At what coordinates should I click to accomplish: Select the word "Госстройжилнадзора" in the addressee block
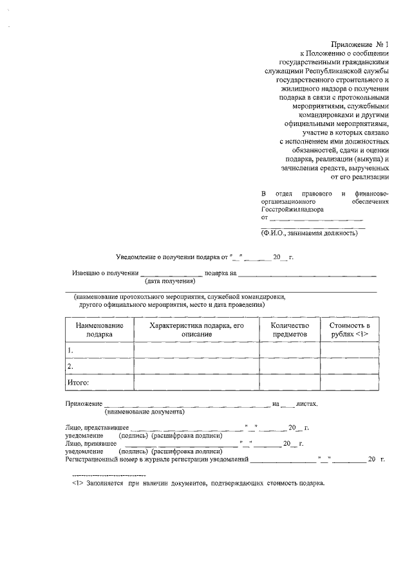coord(292,210)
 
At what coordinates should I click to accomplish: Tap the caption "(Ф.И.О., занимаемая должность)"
coord(308,233)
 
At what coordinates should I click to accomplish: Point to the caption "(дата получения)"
coord(170,281)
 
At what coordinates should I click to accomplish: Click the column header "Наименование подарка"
coord(99,330)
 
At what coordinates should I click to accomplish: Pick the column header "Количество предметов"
coord(290,330)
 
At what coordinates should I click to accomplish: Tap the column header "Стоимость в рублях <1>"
coord(350,330)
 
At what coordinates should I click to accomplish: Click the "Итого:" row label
coord(79,383)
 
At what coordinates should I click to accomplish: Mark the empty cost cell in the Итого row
coord(350,383)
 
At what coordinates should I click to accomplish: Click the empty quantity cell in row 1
coord(290,350)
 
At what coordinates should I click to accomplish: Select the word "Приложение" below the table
coord(84,404)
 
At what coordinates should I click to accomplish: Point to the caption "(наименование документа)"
coord(145,412)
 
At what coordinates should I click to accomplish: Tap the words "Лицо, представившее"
coord(97,428)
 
